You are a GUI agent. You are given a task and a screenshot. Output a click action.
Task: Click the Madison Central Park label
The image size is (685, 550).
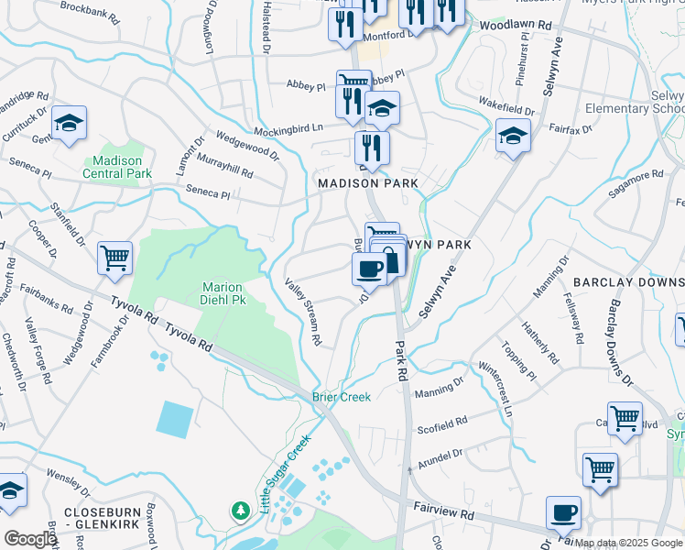116,166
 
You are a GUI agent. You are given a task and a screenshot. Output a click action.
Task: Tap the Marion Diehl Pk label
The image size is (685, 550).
223,292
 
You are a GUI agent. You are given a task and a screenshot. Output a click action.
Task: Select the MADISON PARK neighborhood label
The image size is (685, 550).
367,183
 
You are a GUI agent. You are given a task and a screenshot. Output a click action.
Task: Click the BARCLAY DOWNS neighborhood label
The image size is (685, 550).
628,283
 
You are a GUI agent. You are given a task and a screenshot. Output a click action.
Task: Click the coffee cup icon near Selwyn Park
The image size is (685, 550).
369,269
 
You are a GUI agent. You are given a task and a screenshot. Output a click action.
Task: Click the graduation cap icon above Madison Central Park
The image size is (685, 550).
69,124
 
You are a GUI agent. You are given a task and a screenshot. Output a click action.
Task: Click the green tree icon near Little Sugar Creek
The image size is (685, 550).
240,509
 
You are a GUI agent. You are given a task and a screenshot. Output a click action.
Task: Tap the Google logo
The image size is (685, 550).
29,539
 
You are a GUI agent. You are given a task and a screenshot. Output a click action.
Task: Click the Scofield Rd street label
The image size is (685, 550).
442,425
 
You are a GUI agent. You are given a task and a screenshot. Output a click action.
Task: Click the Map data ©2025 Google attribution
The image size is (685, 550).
628,543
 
